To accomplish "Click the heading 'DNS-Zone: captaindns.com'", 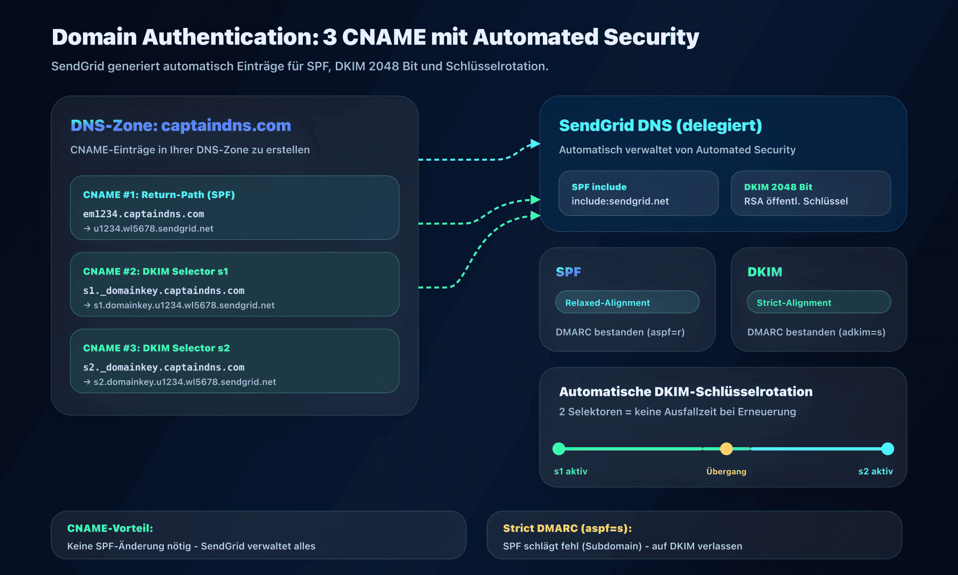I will coord(181,125).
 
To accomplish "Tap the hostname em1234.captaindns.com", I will coord(143,214).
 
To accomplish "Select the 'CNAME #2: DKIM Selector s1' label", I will coord(155,272).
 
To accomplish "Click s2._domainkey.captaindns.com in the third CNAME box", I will coord(164,367).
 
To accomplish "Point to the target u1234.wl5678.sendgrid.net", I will coord(153,229).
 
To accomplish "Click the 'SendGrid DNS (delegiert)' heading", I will coord(660,125).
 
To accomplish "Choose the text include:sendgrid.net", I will coord(620,201).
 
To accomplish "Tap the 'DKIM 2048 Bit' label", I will coord(778,187).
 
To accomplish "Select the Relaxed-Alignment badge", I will coord(627,302).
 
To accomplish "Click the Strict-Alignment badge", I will coord(818,302).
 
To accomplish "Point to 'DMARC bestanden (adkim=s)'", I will coord(816,332).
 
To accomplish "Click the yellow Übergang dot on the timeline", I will coord(726,449).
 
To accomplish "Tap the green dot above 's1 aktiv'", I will coord(559,449).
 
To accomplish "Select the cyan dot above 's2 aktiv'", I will coord(887,449).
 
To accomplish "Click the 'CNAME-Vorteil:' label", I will coord(110,528).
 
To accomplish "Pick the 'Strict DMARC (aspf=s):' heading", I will coord(567,528).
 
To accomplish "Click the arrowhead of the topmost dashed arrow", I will coord(535,144).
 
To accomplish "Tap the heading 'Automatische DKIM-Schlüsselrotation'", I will coord(686,392).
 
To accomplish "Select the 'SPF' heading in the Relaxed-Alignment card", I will coord(568,272).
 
